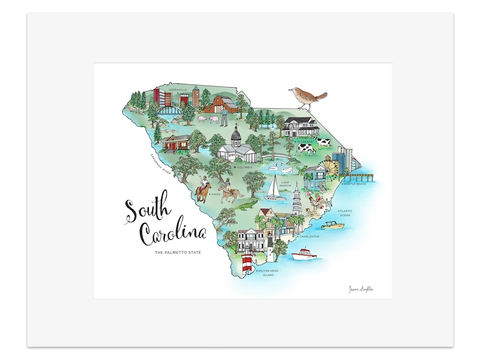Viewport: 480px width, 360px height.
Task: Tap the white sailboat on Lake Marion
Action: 274,188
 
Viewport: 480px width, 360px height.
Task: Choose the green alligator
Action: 244,206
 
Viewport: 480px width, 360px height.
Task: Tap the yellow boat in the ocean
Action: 331,225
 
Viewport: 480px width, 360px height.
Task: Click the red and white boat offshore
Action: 305,254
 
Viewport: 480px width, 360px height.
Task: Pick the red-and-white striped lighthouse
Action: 247,265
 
